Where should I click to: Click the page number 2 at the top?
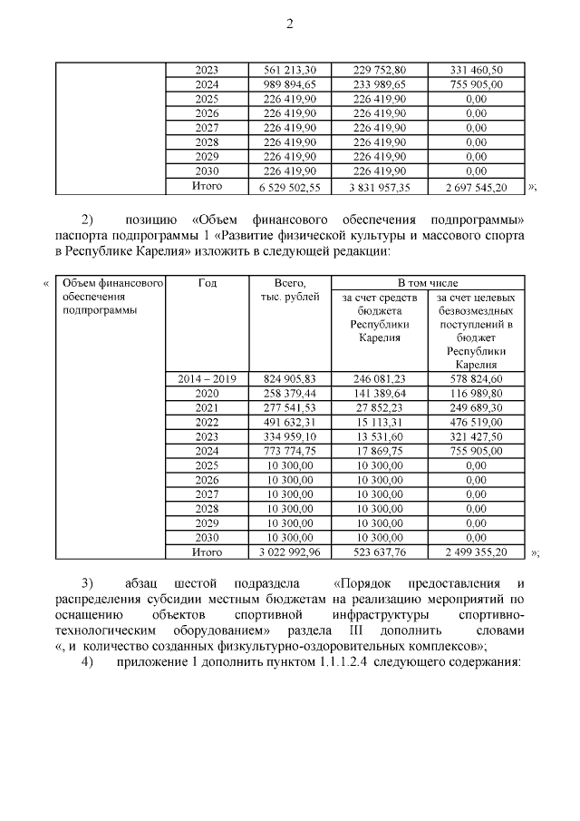[x=290, y=25]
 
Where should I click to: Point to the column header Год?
[x=206, y=283]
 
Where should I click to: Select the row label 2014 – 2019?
[x=206, y=378]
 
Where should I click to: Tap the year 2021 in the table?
[x=206, y=407]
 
